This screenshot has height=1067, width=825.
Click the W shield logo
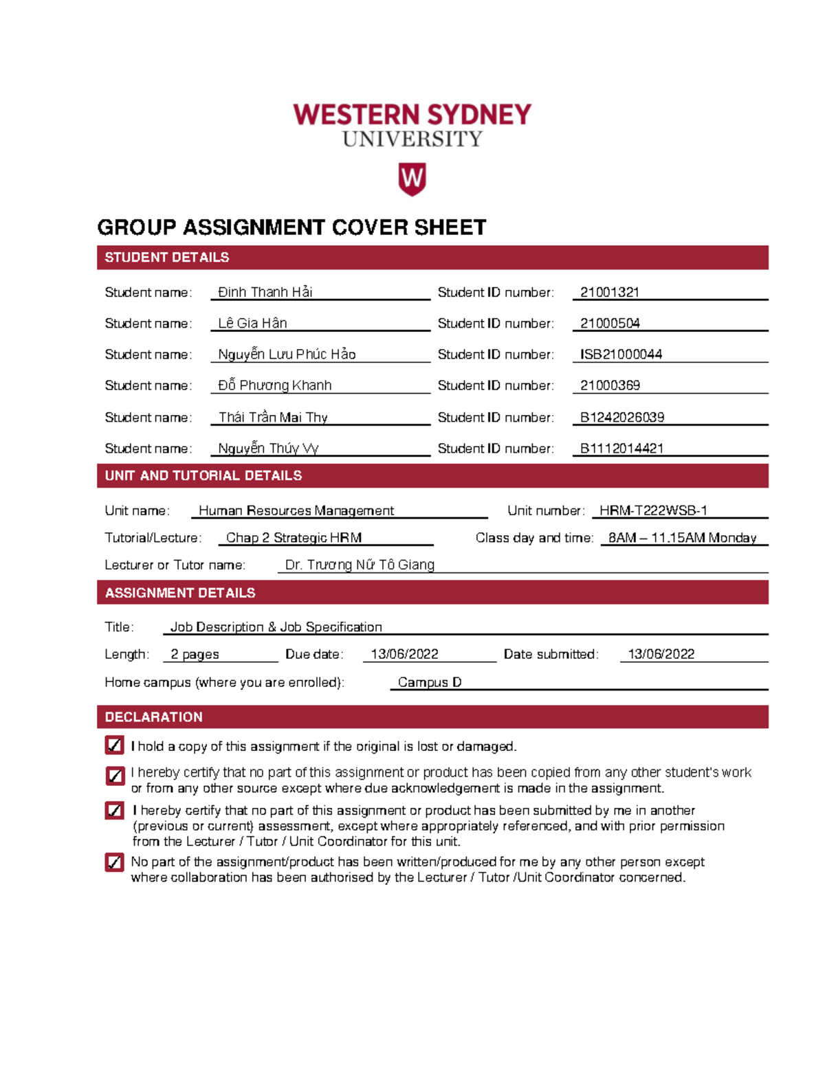[x=412, y=179]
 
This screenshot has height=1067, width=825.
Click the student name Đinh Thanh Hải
[x=265, y=292]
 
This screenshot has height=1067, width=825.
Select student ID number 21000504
[x=610, y=323]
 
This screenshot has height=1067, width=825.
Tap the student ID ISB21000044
[x=621, y=355]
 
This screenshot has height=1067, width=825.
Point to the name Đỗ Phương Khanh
[x=274, y=385]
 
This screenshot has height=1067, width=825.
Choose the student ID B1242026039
[x=621, y=417]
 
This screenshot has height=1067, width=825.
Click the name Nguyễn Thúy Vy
[x=268, y=449]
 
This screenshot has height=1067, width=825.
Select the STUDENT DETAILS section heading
[x=167, y=258]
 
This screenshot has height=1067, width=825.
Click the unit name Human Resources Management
[x=296, y=510]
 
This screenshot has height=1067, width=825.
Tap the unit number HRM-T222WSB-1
[x=652, y=510]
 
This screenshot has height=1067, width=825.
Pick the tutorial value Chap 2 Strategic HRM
[x=294, y=538]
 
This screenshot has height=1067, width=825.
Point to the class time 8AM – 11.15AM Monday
[x=682, y=538]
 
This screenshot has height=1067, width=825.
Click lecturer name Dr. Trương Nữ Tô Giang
[x=360, y=565]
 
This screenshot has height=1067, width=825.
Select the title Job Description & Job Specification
[x=276, y=627]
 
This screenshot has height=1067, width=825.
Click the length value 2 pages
[x=195, y=654]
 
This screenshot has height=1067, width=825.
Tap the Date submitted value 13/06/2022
[x=661, y=654]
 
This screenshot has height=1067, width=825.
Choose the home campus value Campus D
[x=429, y=682]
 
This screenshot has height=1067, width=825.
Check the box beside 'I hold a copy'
[x=114, y=745]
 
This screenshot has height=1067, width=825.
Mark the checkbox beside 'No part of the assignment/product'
[x=114, y=862]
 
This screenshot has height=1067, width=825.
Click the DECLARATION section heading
[x=153, y=717]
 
